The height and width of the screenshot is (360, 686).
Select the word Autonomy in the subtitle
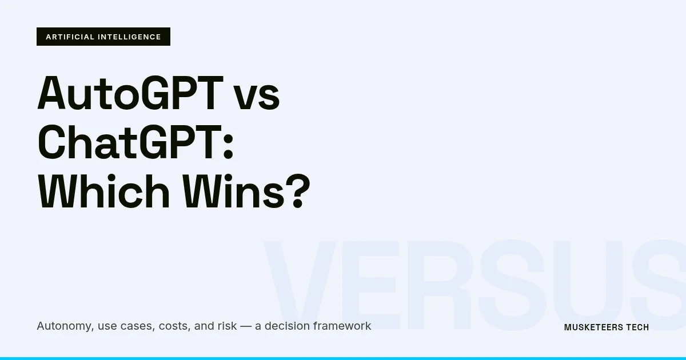(x=64, y=326)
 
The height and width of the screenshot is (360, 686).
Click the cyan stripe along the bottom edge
(x=343, y=358)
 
